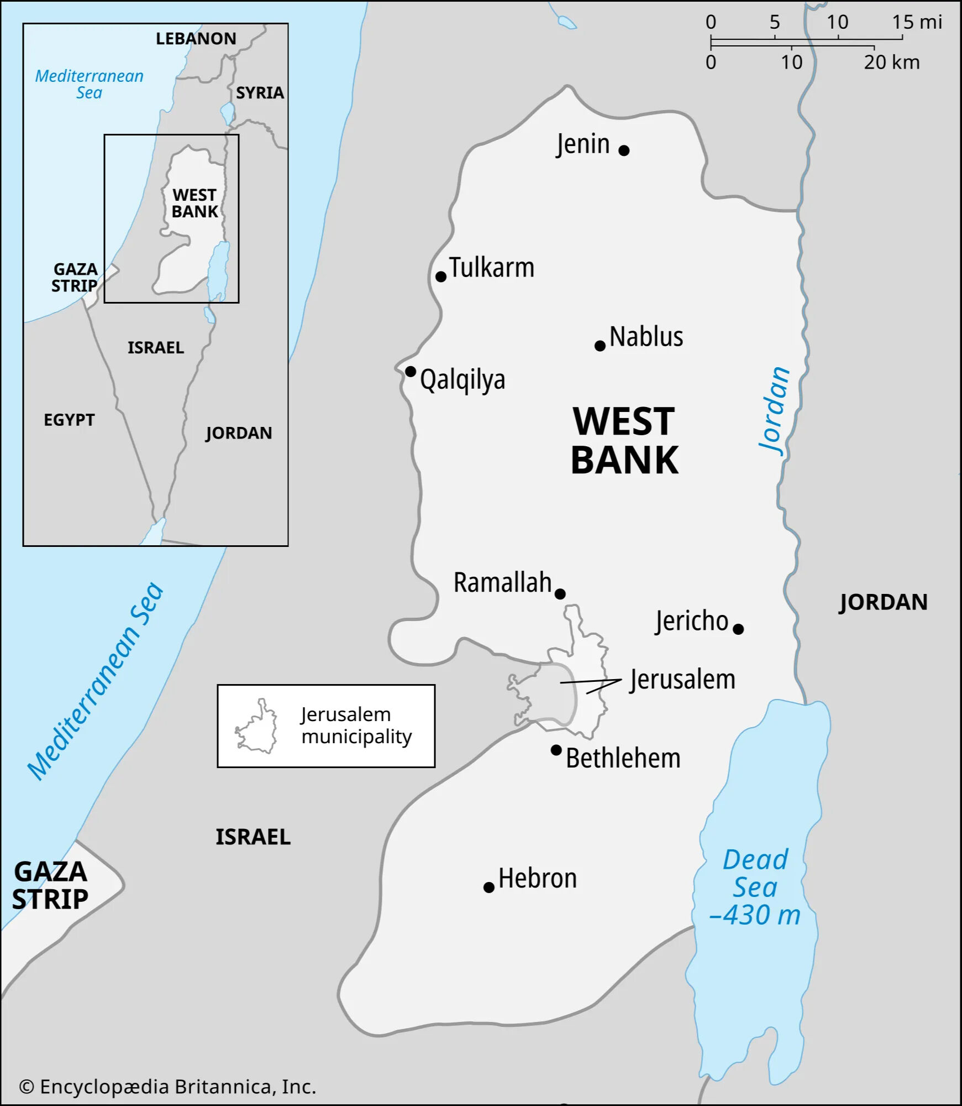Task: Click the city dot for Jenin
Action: point(624,150)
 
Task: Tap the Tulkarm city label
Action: point(491,268)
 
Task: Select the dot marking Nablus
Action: point(600,346)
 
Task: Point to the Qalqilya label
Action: point(462,380)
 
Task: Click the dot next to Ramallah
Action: point(560,594)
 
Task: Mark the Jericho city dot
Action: point(738,629)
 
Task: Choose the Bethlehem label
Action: point(623,758)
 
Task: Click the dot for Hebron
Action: point(488,888)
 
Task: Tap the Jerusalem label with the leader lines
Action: point(682,680)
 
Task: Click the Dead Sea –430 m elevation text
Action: point(755,915)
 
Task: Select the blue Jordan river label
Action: point(774,410)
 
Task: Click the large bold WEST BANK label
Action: point(624,441)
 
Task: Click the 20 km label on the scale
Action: point(891,62)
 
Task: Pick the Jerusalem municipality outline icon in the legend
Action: point(257,727)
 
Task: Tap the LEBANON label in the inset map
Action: point(196,39)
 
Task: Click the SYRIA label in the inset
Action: point(260,93)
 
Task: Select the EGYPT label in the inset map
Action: point(69,420)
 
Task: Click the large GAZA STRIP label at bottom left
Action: point(50,885)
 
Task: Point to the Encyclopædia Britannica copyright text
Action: point(168,1087)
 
